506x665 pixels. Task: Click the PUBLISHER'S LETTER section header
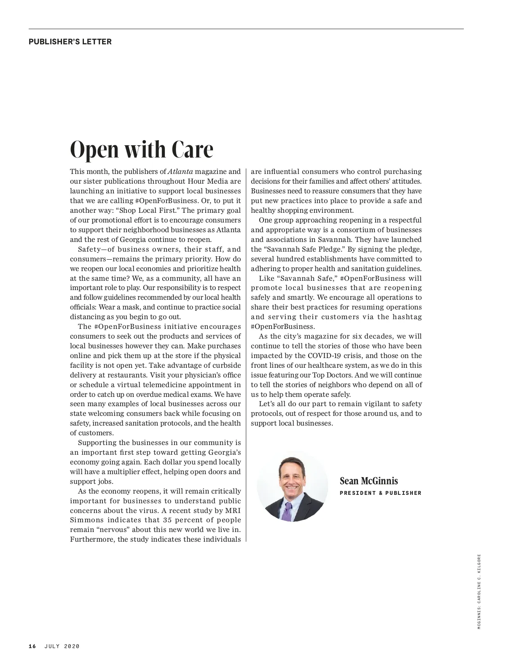[70, 42]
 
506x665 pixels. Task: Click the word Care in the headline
[192, 149]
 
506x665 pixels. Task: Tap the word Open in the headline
[94, 150]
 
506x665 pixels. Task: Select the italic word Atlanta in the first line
[180, 171]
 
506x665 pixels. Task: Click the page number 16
[32, 646]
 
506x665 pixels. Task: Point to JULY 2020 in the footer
[62, 646]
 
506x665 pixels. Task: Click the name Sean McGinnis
[369, 481]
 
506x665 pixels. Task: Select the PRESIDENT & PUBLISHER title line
[380, 493]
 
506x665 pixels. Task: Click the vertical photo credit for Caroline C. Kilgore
[479, 591]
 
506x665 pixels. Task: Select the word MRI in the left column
[233, 510]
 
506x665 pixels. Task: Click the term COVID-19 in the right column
[325, 356]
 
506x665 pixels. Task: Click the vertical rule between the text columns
[246, 355]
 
